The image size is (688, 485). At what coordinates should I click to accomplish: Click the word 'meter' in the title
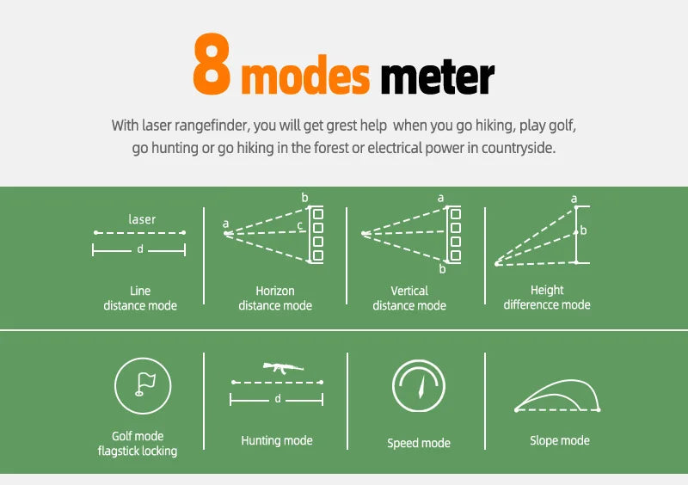tap(437, 77)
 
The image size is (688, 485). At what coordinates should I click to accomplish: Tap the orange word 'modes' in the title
tap(305, 77)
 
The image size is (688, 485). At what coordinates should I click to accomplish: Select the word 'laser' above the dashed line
tap(142, 219)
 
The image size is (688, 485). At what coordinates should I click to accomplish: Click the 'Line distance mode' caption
tap(140, 298)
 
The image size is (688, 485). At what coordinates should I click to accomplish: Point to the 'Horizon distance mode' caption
tap(275, 298)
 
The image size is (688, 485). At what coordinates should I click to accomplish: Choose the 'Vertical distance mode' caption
tap(409, 298)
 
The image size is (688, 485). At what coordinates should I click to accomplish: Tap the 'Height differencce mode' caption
tap(547, 298)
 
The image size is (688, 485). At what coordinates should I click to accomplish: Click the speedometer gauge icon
tap(419, 386)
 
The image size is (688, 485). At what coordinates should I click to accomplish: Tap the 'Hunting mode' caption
tap(277, 440)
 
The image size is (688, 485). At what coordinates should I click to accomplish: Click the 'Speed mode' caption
tap(419, 444)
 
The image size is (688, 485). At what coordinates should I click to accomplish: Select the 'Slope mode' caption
tap(560, 440)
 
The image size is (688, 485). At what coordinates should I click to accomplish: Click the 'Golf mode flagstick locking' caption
tap(138, 444)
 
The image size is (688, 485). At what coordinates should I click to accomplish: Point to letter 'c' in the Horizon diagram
tap(299, 226)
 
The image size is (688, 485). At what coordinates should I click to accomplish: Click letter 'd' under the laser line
tap(139, 250)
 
